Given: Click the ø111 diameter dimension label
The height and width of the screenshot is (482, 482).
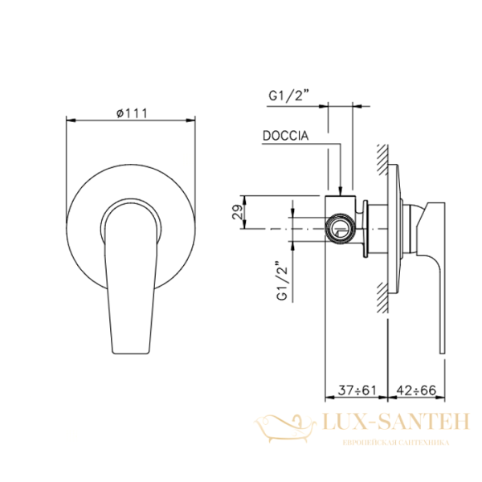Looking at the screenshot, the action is tap(132, 113).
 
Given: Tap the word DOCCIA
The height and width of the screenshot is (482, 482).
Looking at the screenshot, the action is tap(285, 136).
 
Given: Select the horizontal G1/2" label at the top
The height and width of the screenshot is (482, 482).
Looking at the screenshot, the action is tap(288, 96).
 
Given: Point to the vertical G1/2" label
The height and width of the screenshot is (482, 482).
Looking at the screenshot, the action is tap(282, 281).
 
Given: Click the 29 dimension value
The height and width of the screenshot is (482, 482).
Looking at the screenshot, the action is tap(238, 212).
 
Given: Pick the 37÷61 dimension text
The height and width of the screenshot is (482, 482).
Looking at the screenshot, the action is tap(357, 390).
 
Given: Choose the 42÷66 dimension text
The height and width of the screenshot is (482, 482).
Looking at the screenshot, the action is tap(416, 390).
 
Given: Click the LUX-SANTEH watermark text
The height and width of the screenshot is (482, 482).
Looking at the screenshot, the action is tap(396, 421).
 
